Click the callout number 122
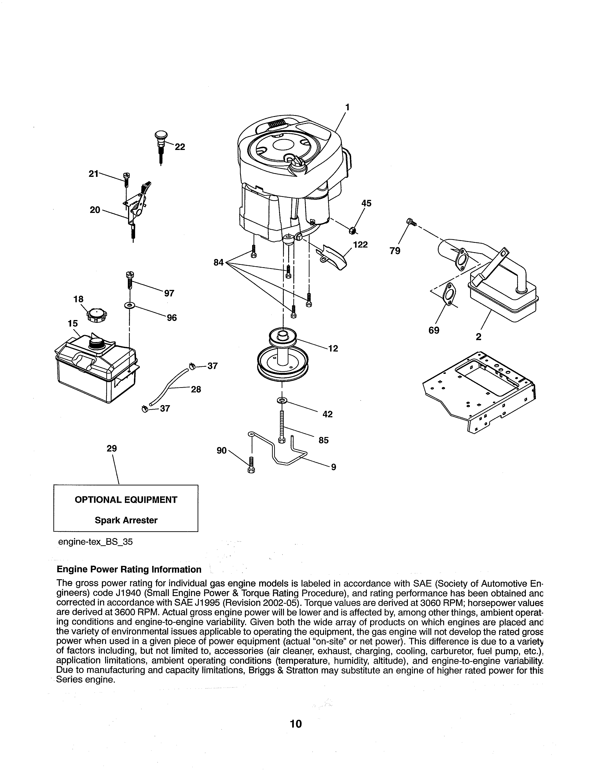[x=360, y=245]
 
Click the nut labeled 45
[x=352, y=231]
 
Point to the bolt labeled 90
[x=251, y=465]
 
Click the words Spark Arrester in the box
[x=126, y=520]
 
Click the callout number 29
[x=112, y=448]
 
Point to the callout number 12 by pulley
[x=333, y=349]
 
